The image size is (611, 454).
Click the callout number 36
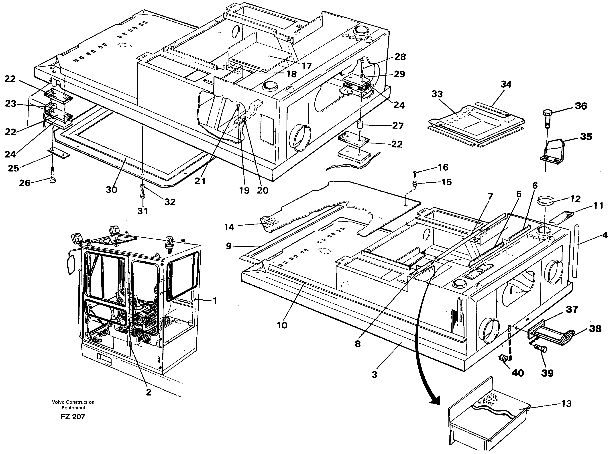click(581, 106)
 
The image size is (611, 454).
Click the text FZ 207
click(73, 417)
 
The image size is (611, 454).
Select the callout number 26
click(24, 183)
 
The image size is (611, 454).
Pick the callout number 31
click(143, 211)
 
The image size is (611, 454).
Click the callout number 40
click(517, 373)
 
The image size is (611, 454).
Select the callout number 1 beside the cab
click(215, 301)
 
